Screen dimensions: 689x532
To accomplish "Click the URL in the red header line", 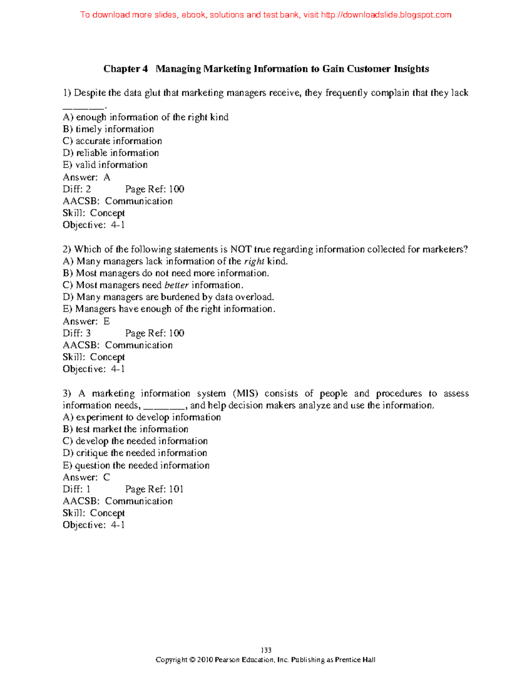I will (385, 15).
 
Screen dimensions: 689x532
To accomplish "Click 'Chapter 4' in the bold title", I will (125, 69).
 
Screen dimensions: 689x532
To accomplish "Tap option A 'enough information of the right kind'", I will (145, 117).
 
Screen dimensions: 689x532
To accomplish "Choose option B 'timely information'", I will (108, 129).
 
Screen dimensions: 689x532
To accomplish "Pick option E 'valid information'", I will (105, 165).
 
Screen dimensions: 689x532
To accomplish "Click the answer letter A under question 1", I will (106, 177).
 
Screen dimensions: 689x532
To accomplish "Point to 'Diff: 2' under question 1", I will (77, 189).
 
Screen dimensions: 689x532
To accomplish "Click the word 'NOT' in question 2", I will (241, 249).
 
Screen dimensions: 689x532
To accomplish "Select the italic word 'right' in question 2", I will (254, 261).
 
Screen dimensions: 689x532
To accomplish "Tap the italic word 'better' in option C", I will (176, 285).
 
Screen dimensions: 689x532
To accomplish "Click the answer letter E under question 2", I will (106, 321).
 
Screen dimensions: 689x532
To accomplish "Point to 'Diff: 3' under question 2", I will (77, 333).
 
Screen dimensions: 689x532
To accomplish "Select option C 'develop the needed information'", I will (135, 441).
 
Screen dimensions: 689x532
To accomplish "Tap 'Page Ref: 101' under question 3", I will (154, 489).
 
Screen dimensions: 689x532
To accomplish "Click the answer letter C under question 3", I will (106, 477).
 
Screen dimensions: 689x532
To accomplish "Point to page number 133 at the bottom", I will (266, 650).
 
